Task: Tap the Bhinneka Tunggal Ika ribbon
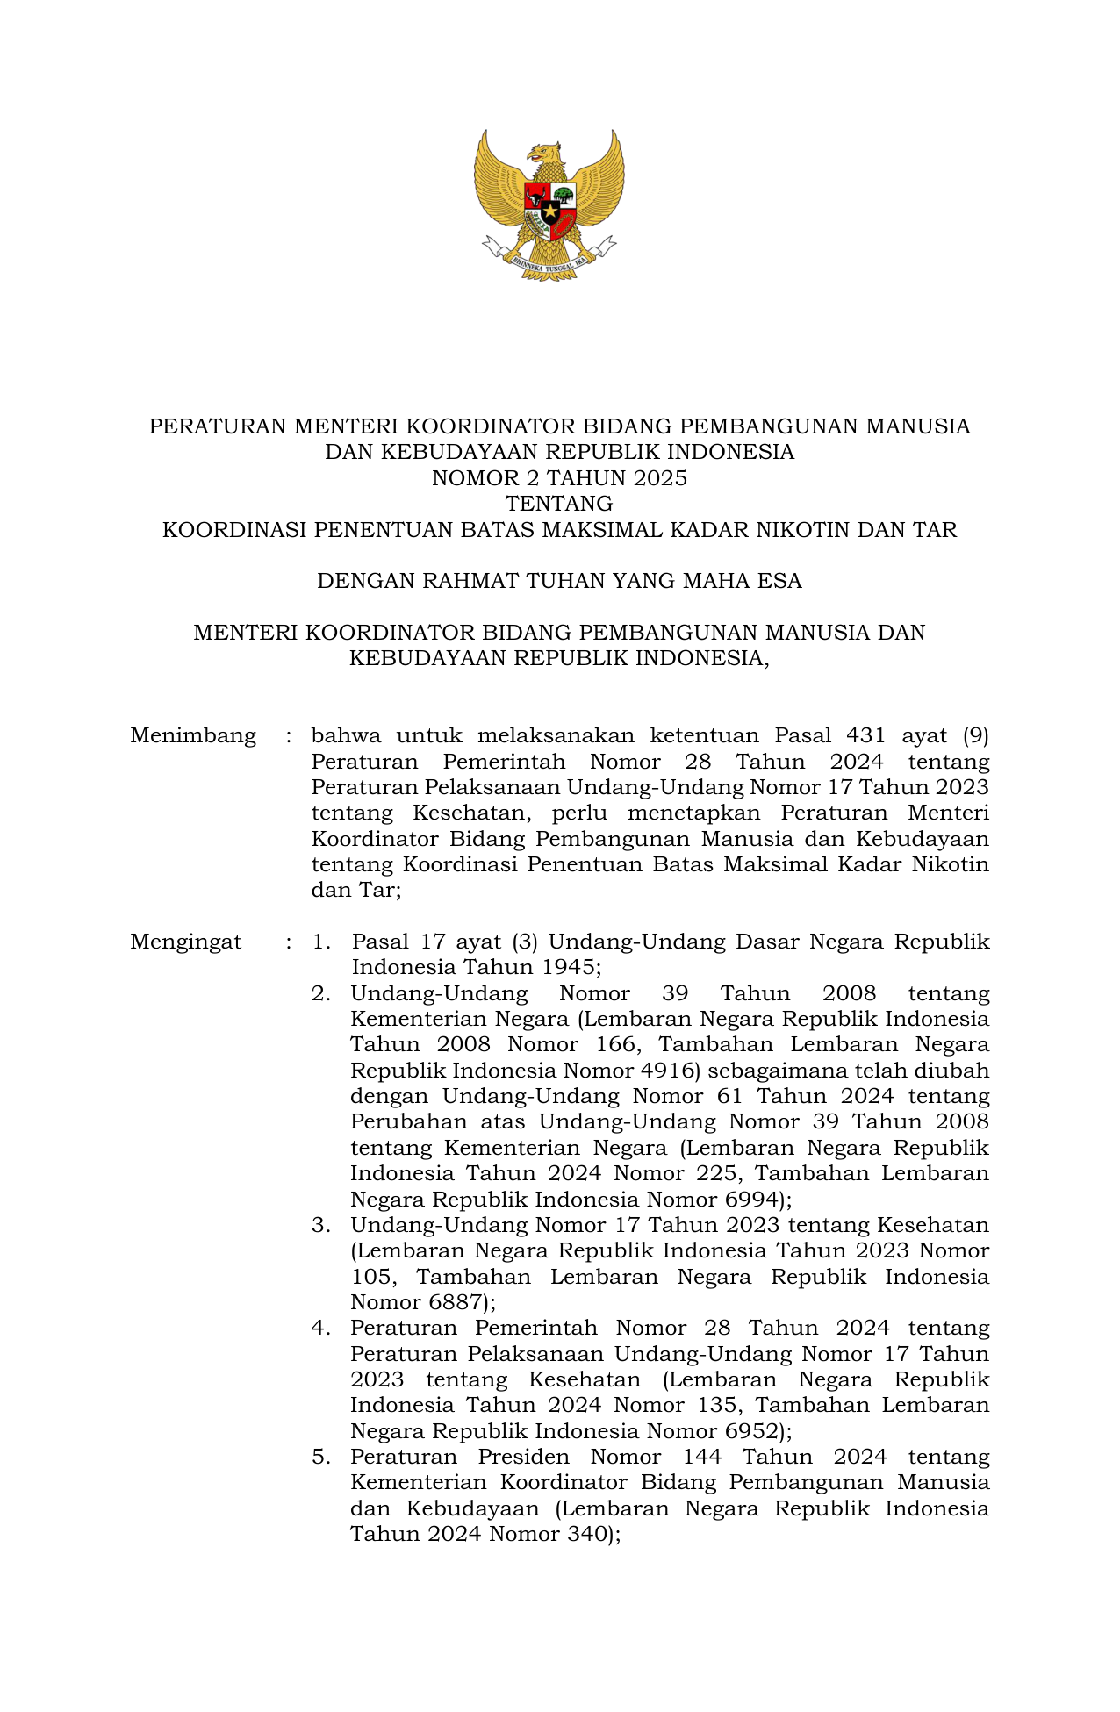pyautogui.click(x=549, y=261)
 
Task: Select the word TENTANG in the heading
pyautogui.click(x=559, y=504)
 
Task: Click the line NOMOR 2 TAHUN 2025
pyautogui.click(x=559, y=478)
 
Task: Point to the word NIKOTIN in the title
pyautogui.click(x=796, y=530)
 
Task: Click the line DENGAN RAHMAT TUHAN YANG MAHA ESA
pyautogui.click(x=559, y=581)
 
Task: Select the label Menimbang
pyautogui.click(x=193, y=735)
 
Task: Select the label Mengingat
pyautogui.click(x=186, y=942)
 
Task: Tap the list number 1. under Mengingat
pyautogui.click(x=321, y=942)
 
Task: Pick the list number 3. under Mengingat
pyautogui.click(x=321, y=1226)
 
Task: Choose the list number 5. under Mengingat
pyautogui.click(x=321, y=1458)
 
